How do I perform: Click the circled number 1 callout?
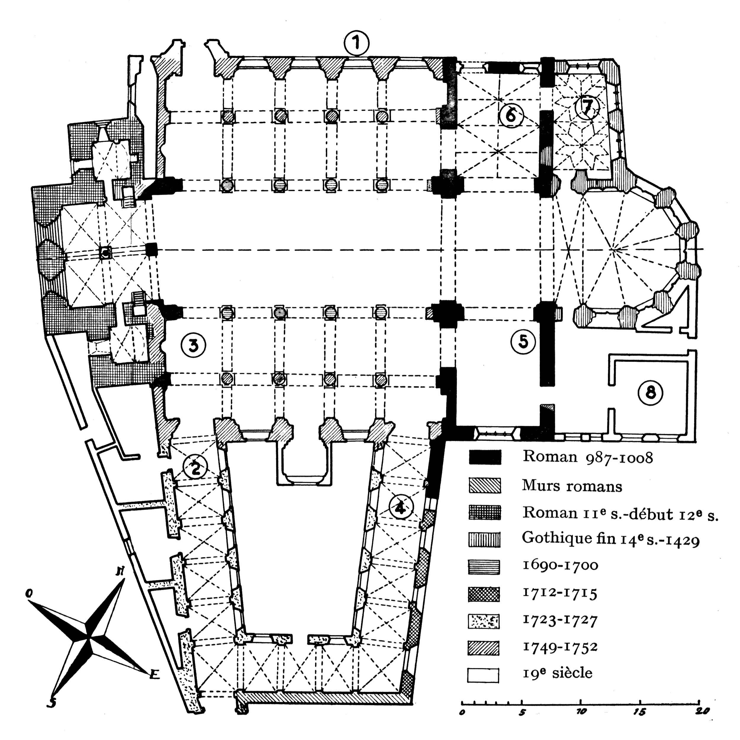[x=357, y=43]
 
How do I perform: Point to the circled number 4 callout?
[x=401, y=507]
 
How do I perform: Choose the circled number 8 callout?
[x=650, y=392]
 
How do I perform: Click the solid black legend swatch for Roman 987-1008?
[x=484, y=457]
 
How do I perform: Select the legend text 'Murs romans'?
[x=572, y=486]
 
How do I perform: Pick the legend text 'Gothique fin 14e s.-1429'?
[x=611, y=539]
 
